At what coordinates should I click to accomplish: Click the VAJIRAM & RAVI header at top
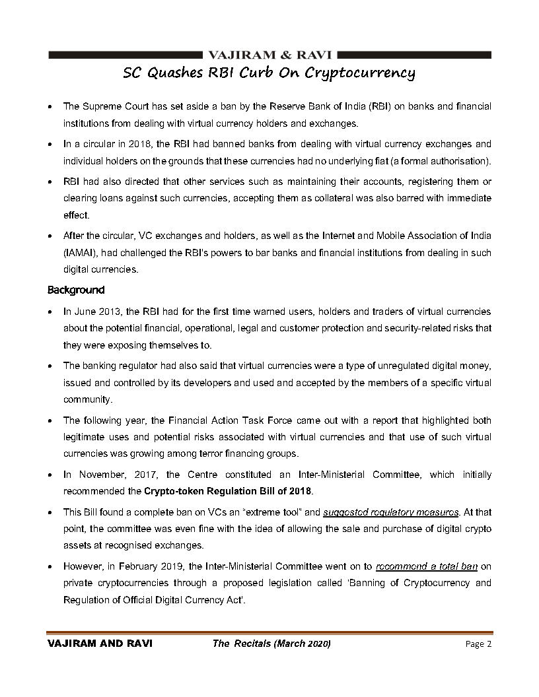[269, 55]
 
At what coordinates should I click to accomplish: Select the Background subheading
[75, 290]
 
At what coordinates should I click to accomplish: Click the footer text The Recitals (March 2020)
[271, 644]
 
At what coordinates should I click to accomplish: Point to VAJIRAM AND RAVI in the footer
[100, 644]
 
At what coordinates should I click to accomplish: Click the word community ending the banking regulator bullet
[88, 399]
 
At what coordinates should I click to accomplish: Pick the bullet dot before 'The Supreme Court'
[52, 106]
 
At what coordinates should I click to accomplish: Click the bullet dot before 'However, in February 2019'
[52, 566]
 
